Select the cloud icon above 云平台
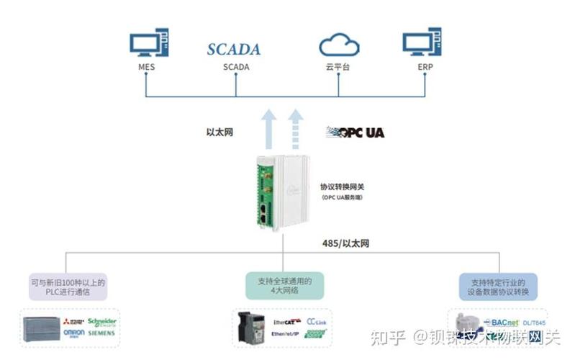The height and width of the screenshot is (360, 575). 338,45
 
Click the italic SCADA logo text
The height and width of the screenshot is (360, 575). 234,50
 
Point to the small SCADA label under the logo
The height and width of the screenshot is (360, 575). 236,68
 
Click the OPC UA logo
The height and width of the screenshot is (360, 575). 356,132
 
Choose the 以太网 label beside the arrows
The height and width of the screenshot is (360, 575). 219,132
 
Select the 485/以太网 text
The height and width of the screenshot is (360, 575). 345,243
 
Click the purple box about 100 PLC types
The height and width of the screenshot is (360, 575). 68,287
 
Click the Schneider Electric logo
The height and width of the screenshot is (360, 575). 101,322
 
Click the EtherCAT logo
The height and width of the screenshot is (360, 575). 287,322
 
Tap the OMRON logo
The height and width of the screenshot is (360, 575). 74,333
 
